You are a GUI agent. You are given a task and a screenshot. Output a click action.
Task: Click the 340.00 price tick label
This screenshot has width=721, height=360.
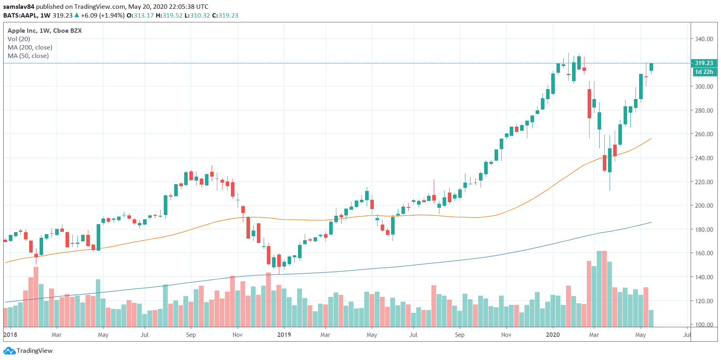[704, 39]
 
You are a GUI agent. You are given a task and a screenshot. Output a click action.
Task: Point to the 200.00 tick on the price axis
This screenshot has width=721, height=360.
[704, 205]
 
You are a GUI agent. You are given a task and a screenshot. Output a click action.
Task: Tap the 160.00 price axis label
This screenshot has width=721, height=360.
[704, 253]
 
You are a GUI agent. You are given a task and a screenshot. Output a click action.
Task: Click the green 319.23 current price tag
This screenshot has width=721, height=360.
[704, 63]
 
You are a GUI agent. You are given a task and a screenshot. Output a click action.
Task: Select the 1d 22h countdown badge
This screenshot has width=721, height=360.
[704, 72]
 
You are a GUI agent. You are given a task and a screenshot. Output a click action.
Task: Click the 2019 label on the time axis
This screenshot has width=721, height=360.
[284, 335]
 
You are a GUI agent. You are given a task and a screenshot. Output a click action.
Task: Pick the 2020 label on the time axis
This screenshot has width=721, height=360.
[553, 335]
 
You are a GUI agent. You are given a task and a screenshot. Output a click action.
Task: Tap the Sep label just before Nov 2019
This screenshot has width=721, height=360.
[459, 335]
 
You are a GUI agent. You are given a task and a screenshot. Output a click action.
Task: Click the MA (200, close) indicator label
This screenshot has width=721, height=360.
[30, 48]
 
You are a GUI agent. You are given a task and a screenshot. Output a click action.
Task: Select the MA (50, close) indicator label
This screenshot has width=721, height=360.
[28, 56]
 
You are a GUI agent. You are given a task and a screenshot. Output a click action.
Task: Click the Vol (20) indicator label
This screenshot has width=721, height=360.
[19, 39]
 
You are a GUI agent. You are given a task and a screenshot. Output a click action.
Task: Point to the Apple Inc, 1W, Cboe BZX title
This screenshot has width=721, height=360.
[45, 31]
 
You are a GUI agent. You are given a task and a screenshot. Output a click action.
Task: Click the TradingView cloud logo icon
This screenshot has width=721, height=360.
[9, 351]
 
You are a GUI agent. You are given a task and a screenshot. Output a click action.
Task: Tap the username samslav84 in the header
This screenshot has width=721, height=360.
[19, 7]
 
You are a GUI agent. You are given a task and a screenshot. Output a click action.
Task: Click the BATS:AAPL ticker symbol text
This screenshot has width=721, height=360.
[20, 16]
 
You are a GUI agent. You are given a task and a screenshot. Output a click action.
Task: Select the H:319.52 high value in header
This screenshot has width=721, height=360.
[169, 16]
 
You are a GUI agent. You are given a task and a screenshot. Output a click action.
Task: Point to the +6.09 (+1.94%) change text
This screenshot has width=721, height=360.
[103, 16]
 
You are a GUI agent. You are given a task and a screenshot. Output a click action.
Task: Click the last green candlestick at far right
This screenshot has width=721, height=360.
[651, 67]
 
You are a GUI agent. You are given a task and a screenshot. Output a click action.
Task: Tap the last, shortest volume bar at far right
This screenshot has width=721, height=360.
[651, 318]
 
